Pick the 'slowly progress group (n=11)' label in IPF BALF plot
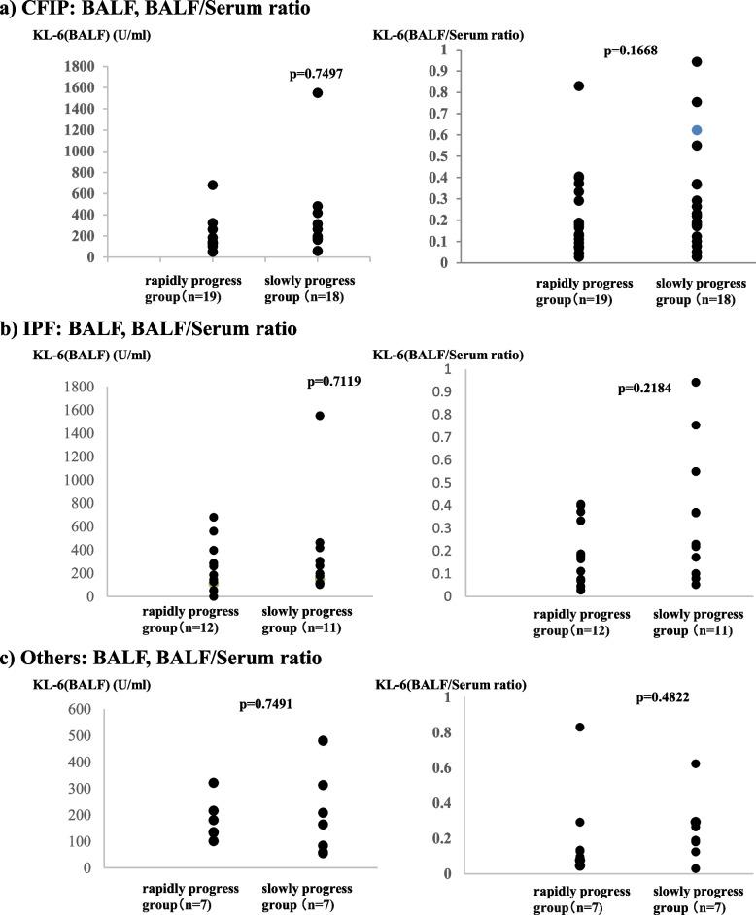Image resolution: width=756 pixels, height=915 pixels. (306, 618)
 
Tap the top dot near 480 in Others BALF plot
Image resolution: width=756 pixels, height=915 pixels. (295, 741)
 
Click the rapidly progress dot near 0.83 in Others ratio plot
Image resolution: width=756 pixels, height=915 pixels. (552, 728)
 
